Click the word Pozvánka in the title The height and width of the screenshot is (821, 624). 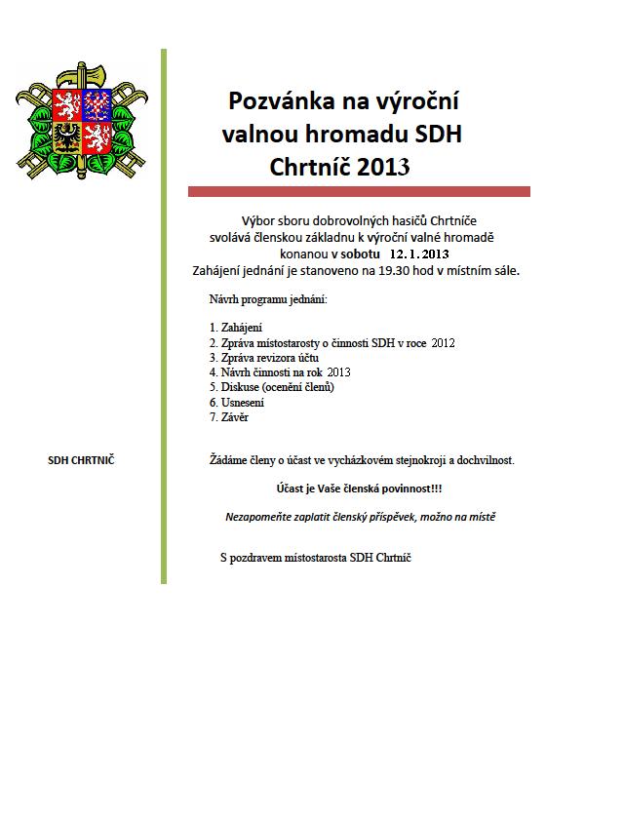click(276, 100)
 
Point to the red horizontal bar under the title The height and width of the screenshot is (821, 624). click(359, 192)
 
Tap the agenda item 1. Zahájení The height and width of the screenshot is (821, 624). click(236, 328)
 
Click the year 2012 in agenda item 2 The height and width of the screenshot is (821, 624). click(443, 342)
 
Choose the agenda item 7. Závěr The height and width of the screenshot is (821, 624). click(230, 416)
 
